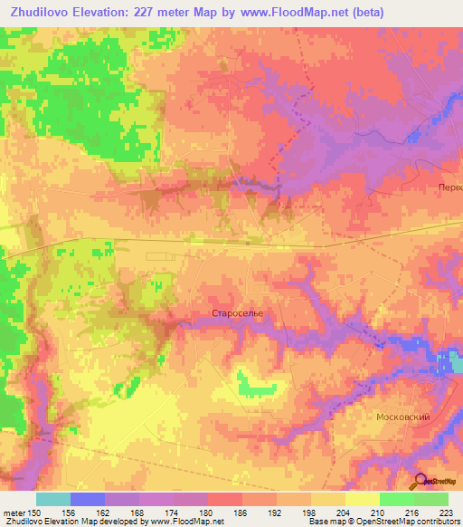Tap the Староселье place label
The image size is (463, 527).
[x=237, y=313]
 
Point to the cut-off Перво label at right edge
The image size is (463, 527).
[x=449, y=187]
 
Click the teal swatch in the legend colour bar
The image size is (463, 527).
[x=52, y=499]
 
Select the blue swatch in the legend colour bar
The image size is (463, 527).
[x=87, y=499]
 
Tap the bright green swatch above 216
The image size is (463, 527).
[x=396, y=499]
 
